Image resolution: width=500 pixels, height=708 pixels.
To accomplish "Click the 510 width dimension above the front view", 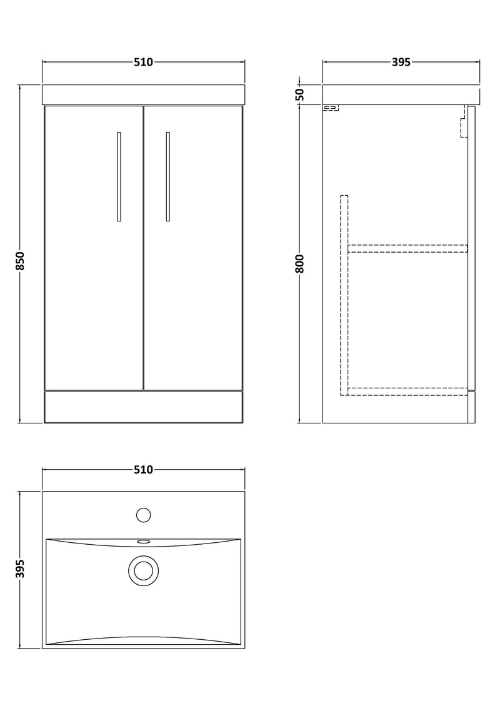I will pyautogui.click(x=143, y=62).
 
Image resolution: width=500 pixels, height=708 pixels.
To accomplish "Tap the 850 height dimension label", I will pyautogui.click(x=20, y=261).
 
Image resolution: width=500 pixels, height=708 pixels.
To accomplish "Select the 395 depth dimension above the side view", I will pyautogui.click(x=401, y=62).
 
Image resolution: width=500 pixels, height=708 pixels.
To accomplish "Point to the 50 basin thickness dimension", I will pyautogui.click(x=299, y=94).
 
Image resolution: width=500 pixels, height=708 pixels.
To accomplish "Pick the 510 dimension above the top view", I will pyautogui.click(x=143, y=470).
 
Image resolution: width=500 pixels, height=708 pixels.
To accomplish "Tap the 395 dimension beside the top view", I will pyautogui.click(x=20, y=569).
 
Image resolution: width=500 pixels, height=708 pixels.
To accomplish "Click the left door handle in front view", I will pyautogui.click(x=119, y=176).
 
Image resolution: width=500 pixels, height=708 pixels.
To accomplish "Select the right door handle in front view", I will pyautogui.click(x=167, y=176).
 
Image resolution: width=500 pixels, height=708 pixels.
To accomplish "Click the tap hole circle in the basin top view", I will pyautogui.click(x=143, y=515).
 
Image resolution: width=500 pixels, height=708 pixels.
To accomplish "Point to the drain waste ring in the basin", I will pyautogui.click(x=143, y=570).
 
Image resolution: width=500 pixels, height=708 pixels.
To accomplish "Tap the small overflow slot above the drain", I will pyautogui.click(x=143, y=542).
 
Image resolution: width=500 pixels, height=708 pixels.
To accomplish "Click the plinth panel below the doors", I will pyautogui.click(x=143, y=407).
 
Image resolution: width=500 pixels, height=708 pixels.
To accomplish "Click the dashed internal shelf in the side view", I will pyautogui.click(x=407, y=248).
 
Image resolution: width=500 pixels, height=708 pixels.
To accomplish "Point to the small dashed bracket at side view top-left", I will pyautogui.click(x=331, y=108).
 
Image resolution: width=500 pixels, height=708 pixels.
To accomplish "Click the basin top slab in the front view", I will pyautogui.click(x=143, y=94).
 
